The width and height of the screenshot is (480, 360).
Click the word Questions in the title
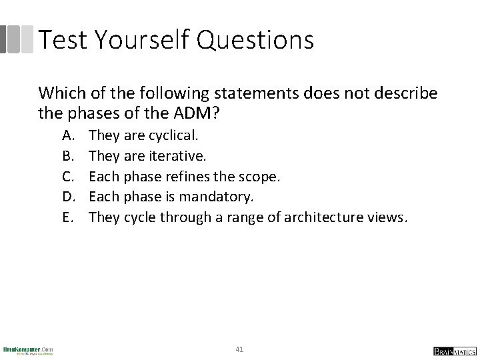(257, 40)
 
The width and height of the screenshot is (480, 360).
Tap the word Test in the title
(62, 40)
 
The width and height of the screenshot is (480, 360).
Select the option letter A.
(67, 135)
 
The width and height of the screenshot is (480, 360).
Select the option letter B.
(67, 155)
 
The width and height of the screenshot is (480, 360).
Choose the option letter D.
(67, 196)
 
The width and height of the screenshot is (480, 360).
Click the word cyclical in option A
(172, 135)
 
